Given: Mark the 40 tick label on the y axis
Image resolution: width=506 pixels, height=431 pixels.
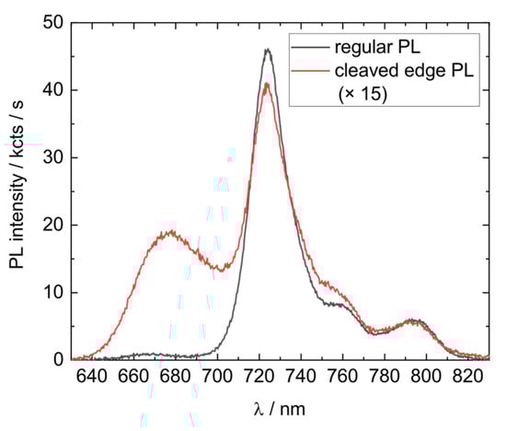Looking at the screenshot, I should point(51,90).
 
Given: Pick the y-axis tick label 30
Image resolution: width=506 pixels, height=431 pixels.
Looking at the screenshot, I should point(51,157).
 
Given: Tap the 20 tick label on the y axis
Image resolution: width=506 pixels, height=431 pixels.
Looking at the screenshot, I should point(51,225).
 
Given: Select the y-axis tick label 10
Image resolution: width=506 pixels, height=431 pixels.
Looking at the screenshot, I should point(51,292).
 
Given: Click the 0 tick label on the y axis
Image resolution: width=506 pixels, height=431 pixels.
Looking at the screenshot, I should point(55,359).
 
